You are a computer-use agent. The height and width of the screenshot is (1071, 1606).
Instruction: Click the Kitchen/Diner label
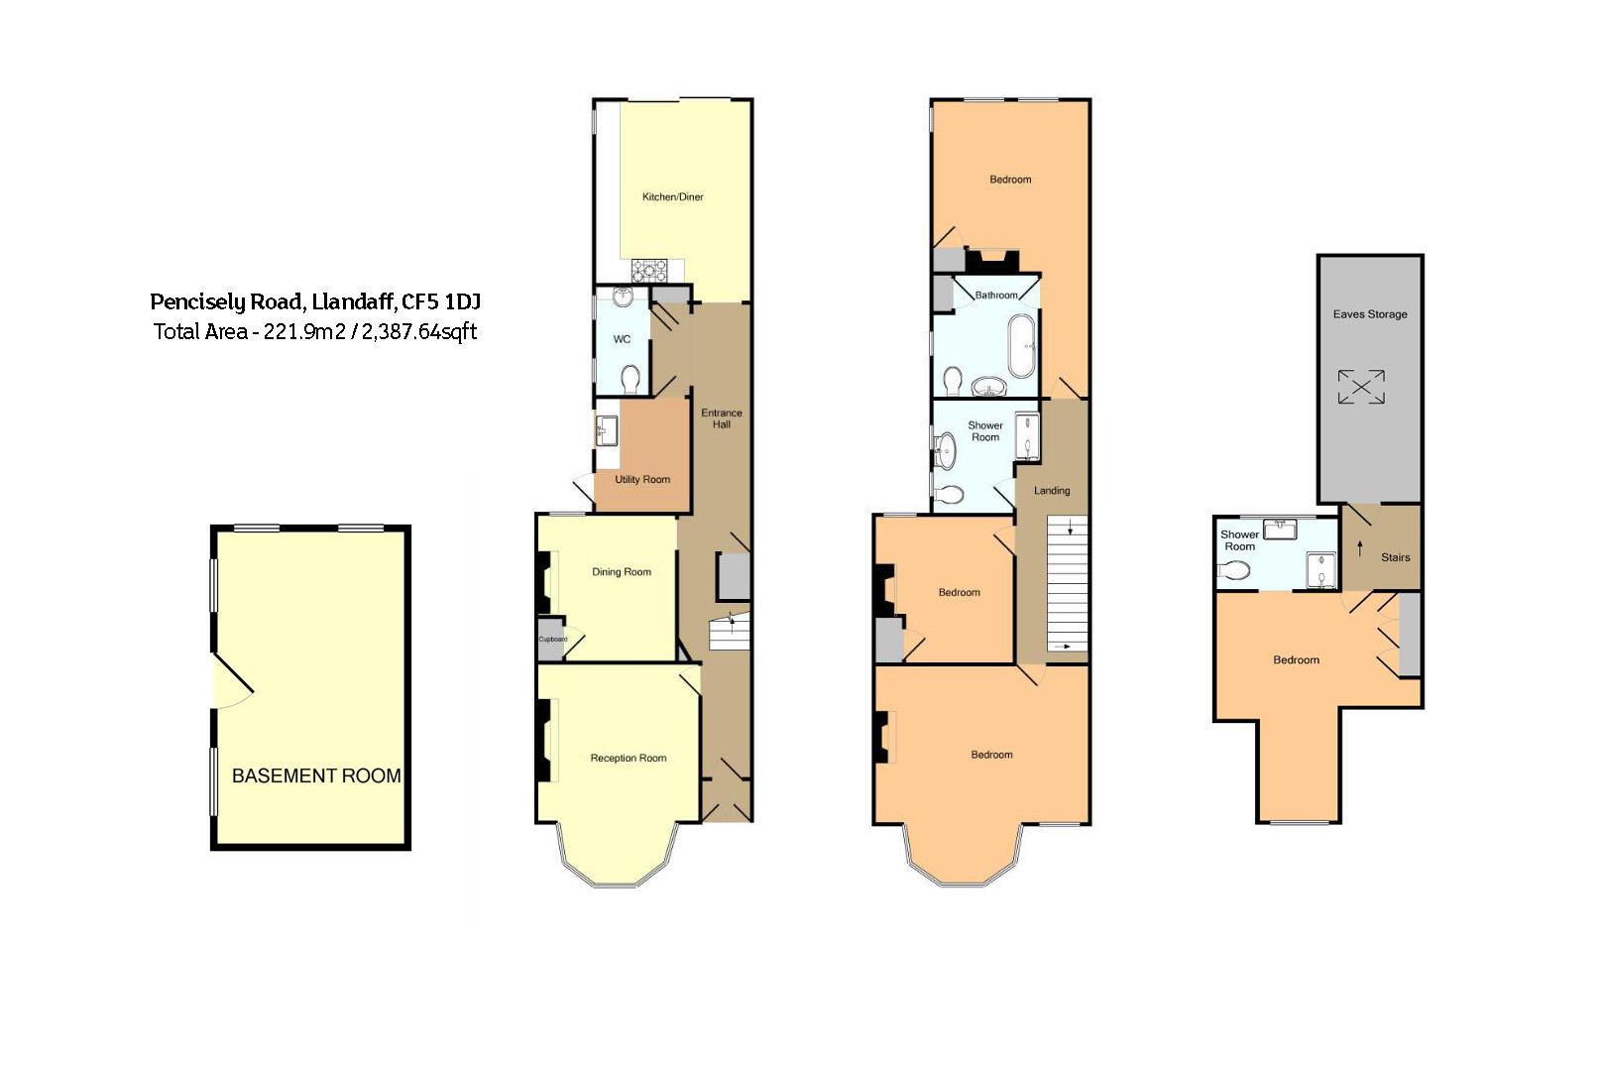pos(672,197)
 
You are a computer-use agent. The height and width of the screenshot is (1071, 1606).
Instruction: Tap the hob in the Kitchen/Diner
pos(649,271)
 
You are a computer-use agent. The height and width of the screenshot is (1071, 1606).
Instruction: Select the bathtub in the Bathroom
pos(1021,346)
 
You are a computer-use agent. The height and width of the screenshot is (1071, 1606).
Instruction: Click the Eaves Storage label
pos(1369,314)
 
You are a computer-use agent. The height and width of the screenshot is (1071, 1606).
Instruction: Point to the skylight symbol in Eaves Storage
pos(1361,387)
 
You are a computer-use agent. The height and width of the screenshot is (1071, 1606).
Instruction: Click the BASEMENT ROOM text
pos(316,775)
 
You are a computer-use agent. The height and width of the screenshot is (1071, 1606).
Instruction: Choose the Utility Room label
pos(642,479)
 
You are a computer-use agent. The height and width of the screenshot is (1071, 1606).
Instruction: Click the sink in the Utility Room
pos(607,430)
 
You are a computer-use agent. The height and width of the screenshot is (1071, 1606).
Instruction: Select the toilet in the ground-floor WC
pos(631,380)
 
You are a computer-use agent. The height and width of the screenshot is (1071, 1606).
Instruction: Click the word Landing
pos(1052,491)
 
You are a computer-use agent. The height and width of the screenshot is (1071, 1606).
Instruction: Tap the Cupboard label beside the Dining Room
pos(553,640)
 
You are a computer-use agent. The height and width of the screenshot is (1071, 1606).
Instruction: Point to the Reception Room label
pos(629,758)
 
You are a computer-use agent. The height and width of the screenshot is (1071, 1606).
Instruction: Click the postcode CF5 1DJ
pos(441,302)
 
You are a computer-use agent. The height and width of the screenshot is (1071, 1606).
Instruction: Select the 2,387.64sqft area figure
pos(418,332)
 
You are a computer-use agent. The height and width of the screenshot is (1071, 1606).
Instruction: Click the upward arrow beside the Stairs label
pos(1360,548)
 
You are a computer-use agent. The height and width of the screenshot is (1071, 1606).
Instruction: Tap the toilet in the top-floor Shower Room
pos(1234,571)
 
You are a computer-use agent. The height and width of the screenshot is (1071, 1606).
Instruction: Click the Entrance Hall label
pos(722,418)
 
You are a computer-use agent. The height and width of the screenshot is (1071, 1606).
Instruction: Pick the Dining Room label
pos(622,572)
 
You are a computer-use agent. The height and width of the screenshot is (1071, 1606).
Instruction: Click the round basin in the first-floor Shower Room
pos(946,450)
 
